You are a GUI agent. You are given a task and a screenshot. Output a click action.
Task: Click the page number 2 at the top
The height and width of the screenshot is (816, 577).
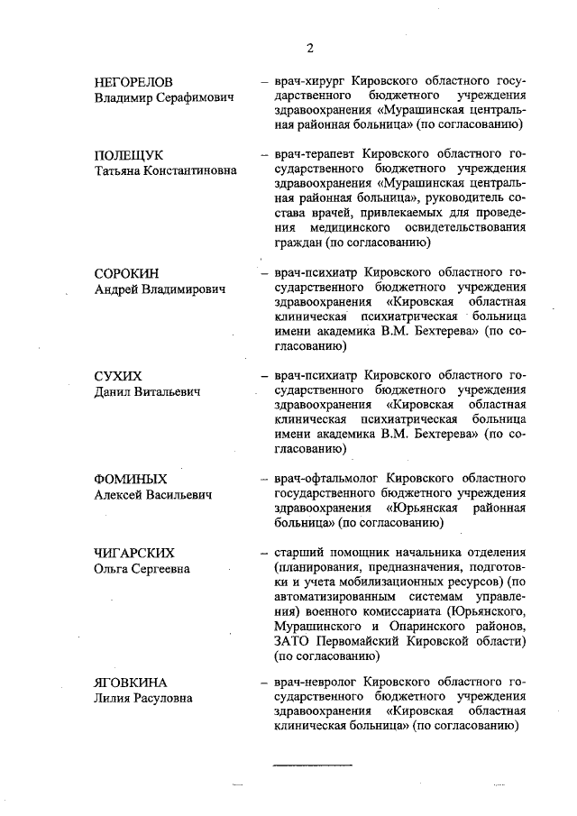(x=309, y=49)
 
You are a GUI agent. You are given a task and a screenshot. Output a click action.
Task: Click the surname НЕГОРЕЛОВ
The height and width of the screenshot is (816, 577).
(x=133, y=80)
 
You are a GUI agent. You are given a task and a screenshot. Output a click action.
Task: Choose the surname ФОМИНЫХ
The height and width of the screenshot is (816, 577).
(x=131, y=478)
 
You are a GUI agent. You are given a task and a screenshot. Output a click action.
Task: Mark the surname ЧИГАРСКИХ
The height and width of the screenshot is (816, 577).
(x=134, y=552)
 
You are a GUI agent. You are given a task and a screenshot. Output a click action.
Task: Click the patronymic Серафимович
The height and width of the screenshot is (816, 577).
(x=196, y=96)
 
